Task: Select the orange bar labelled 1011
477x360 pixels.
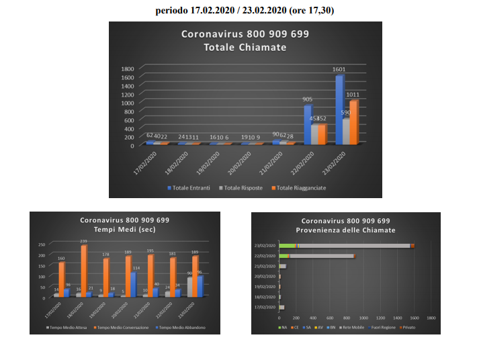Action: pyautogui.click(x=353, y=122)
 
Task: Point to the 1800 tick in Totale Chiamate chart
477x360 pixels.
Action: pyautogui.click(x=126, y=69)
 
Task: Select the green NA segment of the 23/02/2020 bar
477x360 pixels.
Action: pyautogui.click(x=288, y=246)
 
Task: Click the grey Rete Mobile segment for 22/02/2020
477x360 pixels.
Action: pyautogui.click(x=322, y=256)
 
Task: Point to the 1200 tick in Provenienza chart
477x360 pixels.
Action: pyautogui.click(x=380, y=317)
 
